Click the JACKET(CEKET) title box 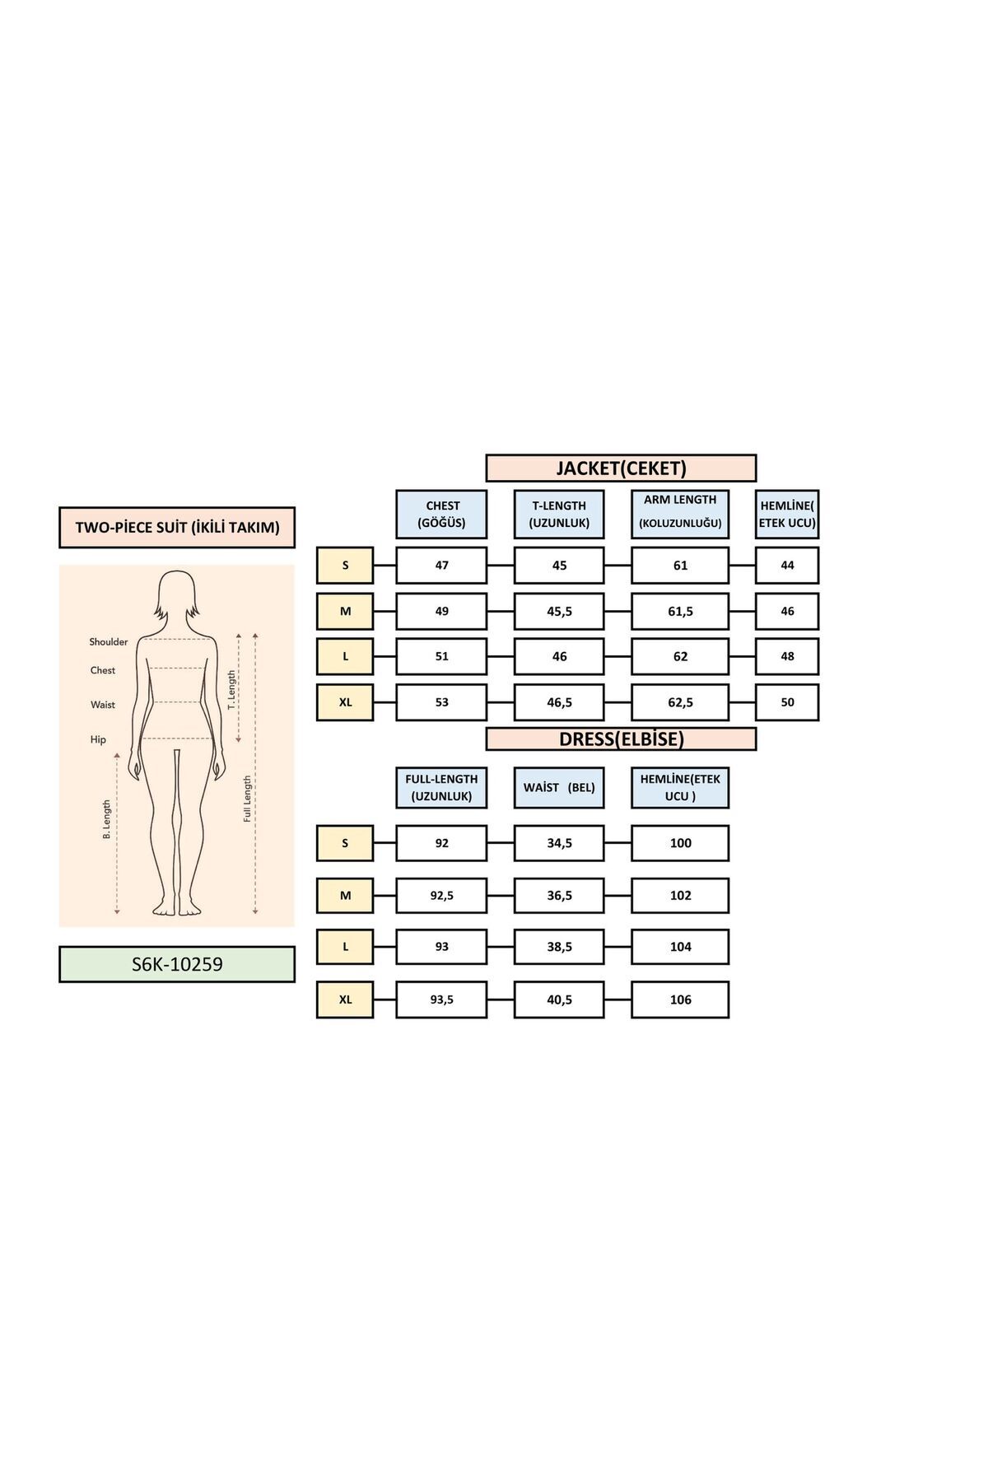click(621, 468)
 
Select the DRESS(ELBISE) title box click(621, 739)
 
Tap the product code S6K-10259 click(177, 964)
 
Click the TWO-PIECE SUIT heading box click(177, 528)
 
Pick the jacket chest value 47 click(441, 566)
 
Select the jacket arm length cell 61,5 click(680, 612)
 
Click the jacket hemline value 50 click(787, 702)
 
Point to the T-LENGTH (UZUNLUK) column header click(559, 515)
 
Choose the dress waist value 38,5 click(559, 947)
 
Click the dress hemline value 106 click(680, 1000)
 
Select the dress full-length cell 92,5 click(441, 896)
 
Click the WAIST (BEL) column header click(559, 788)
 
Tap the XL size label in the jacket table click(345, 702)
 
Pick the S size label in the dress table click(345, 843)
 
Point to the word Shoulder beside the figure click(109, 642)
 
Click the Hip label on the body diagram click(98, 739)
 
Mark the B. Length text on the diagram click(107, 819)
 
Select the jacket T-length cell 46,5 click(559, 702)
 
